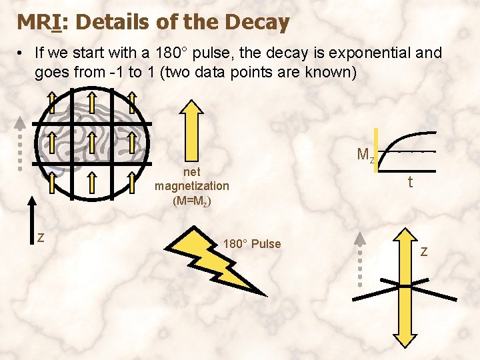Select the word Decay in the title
point(257,22)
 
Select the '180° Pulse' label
point(252,244)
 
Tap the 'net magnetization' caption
point(192,179)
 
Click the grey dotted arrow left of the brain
point(21,143)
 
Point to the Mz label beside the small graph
point(365,155)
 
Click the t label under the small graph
point(410,181)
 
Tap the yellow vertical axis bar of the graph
point(377,151)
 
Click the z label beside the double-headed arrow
point(424,251)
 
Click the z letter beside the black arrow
point(41,236)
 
